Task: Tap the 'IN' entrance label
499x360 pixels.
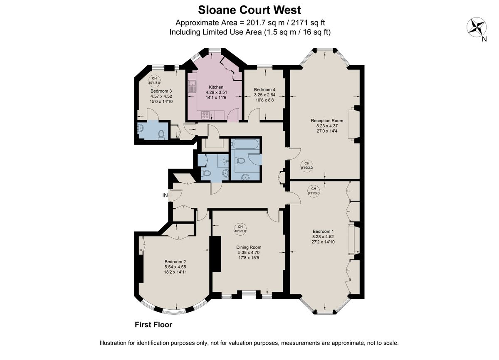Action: tap(165, 195)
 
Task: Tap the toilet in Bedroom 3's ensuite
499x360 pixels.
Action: tap(161, 134)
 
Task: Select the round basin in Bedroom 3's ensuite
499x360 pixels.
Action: tap(141, 129)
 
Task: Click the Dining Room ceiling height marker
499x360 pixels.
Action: tap(240, 229)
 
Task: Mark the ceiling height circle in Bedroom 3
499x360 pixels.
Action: tap(154, 80)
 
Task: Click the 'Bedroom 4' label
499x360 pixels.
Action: tap(264, 90)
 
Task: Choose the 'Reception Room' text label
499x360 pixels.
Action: tap(327, 121)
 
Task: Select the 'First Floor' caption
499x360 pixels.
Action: tap(153, 325)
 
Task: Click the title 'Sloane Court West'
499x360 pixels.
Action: tap(249, 10)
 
